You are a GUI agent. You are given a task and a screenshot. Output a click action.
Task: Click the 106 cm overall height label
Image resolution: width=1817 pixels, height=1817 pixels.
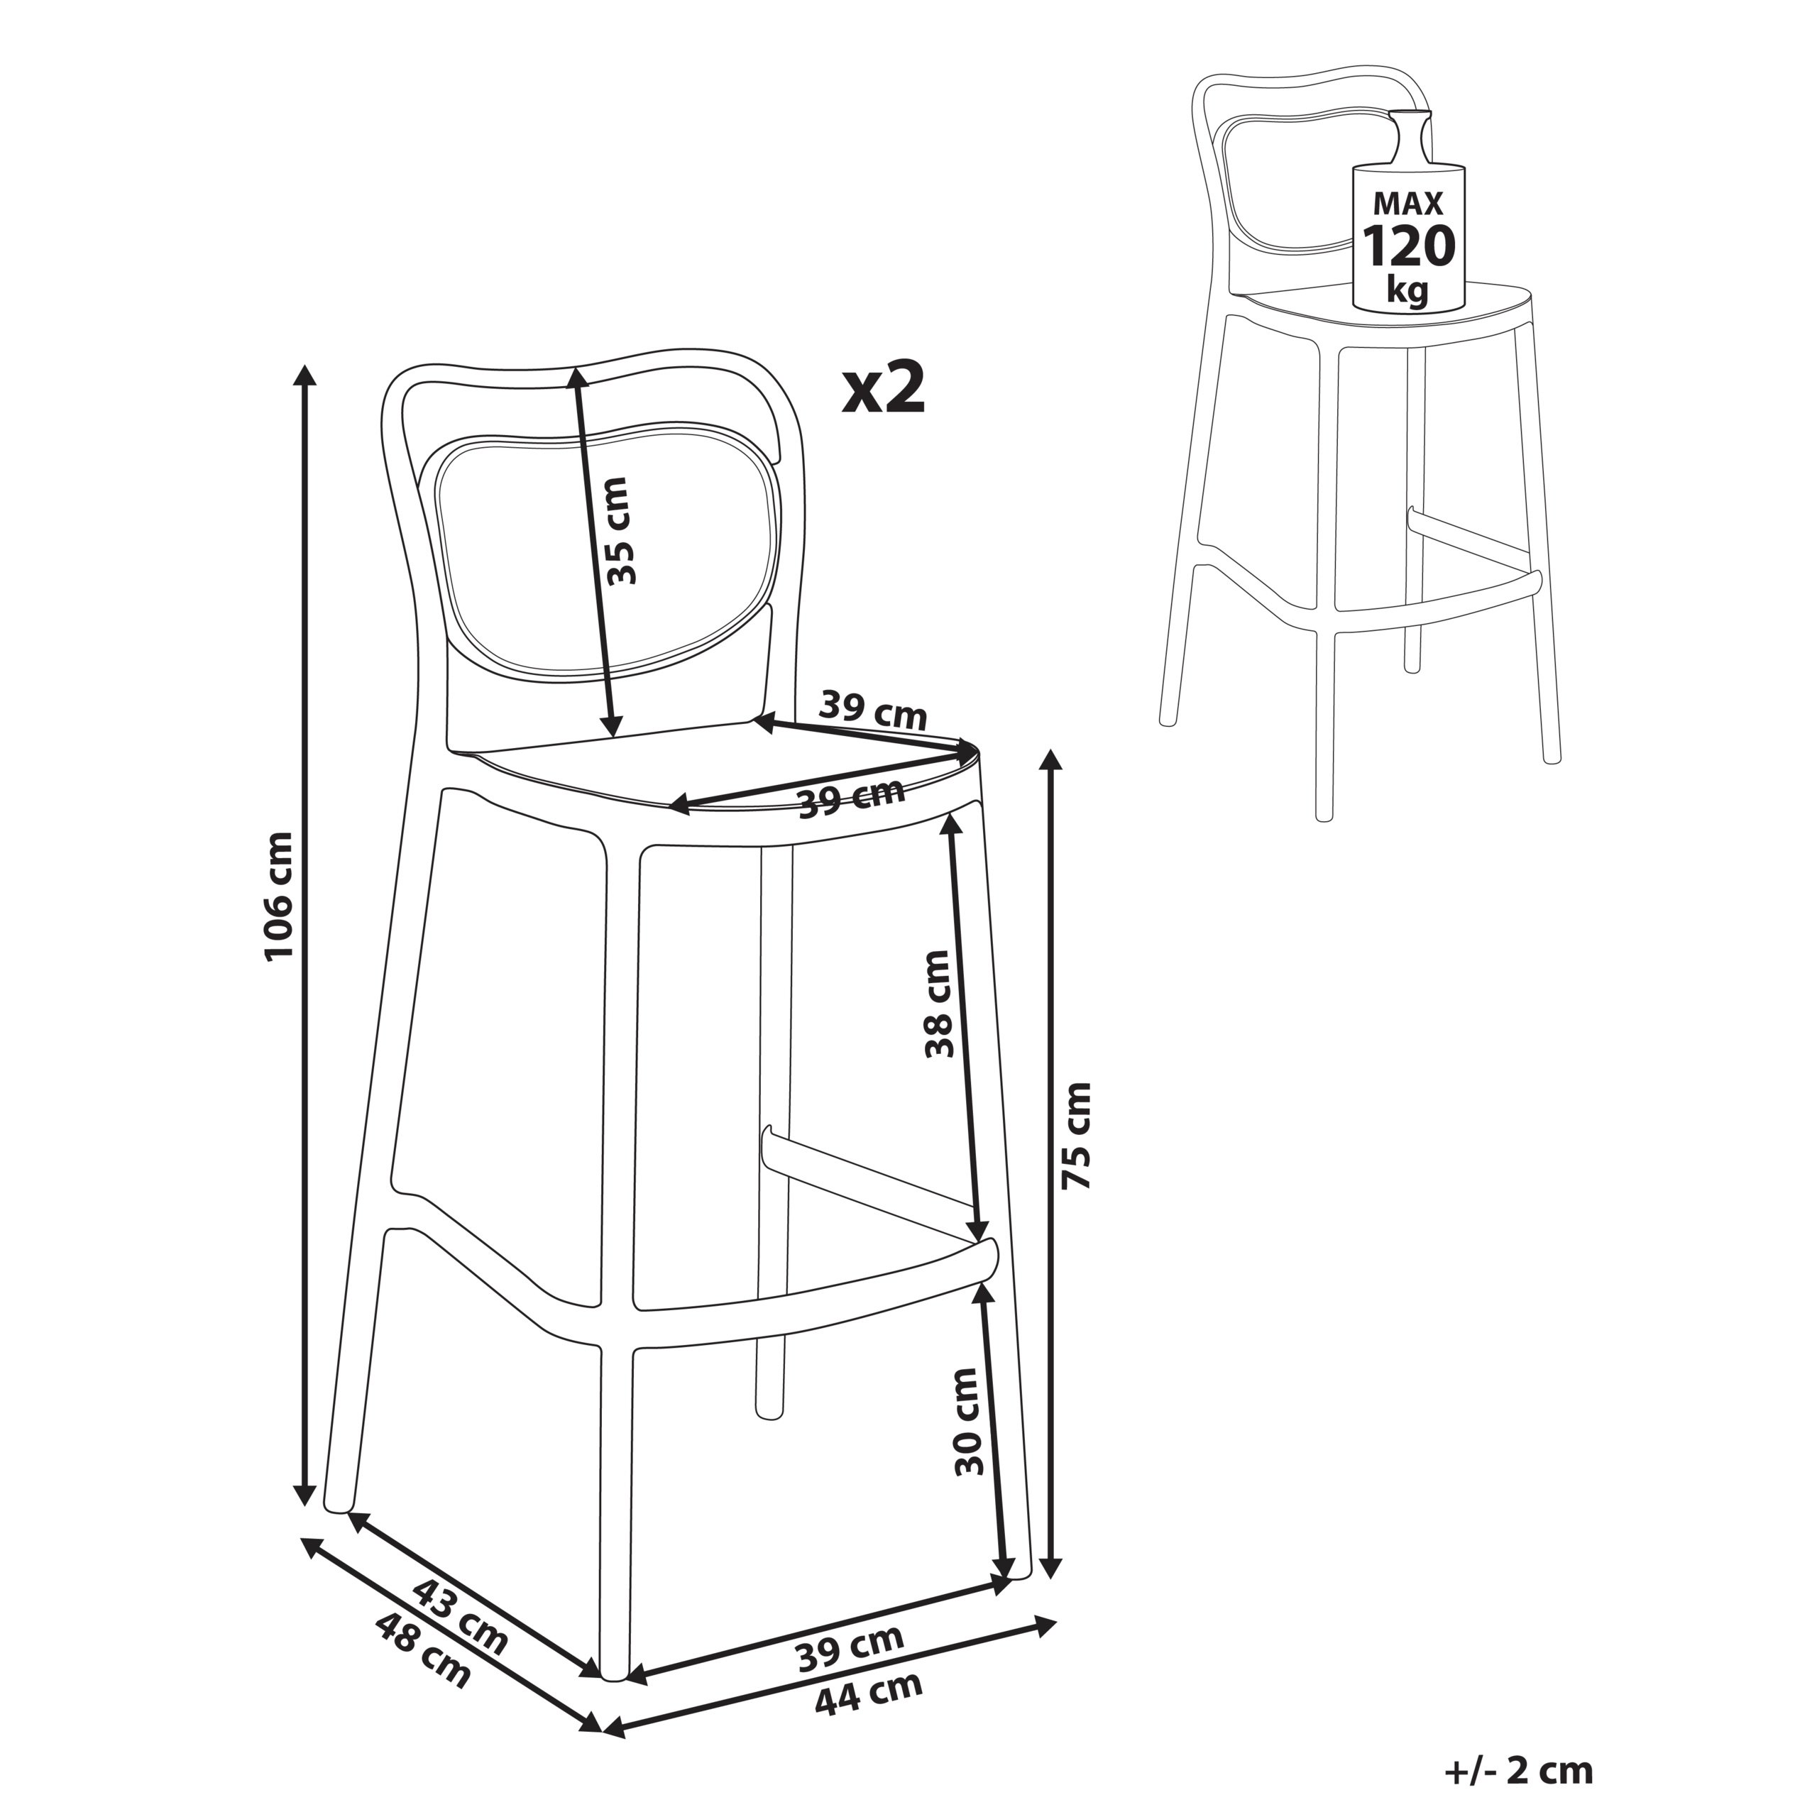pos(280,896)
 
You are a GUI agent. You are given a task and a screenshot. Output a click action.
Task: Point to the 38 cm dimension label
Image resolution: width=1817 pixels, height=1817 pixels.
pos(938,1004)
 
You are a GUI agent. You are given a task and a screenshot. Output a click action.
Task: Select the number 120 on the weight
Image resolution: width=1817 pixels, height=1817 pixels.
pos(1409,246)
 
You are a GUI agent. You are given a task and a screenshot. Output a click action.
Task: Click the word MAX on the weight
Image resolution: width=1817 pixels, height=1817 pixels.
pos(1408,203)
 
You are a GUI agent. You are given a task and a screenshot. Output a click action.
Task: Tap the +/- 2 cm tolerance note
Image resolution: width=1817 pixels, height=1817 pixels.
pos(1518,1771)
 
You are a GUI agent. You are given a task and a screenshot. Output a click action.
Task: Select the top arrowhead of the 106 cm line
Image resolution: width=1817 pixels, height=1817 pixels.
pos(304,374)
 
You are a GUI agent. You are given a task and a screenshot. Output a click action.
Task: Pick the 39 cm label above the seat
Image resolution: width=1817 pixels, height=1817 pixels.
pos(873,711)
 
